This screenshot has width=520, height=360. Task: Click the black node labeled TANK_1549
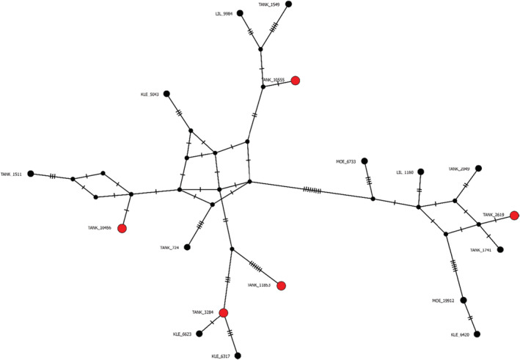click(x=289, y=4)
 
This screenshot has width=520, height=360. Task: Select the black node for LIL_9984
click(x=240, y=13)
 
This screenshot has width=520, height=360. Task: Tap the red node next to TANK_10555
click(x=296, y=81)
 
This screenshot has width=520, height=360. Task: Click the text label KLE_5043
click(x=150, y=94)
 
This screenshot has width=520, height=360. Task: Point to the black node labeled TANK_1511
click(x=31, y=174)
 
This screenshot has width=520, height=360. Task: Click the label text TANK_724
click(x=169, y=248)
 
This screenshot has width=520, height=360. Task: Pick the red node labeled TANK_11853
click(x=281, y=285)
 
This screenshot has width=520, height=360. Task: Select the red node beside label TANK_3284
click(x=223, y=313)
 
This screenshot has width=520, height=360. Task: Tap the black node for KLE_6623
click(x=199, y=334)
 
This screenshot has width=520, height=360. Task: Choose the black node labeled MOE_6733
click(x=364, y=161)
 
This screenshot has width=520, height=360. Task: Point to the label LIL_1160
click(x=404, y=172)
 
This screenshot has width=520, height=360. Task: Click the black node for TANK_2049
click(x=478, y=168)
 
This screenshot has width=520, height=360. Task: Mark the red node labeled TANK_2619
click(x=514, y=216)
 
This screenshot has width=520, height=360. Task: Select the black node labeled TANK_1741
click(x=500, y=249)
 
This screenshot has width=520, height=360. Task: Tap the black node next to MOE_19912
click(x=463, y=299)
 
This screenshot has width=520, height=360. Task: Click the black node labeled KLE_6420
click(x=477, y=334)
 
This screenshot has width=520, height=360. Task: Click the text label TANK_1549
click(x=269, y=4)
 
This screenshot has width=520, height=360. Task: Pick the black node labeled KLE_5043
click(x=166, y=94)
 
